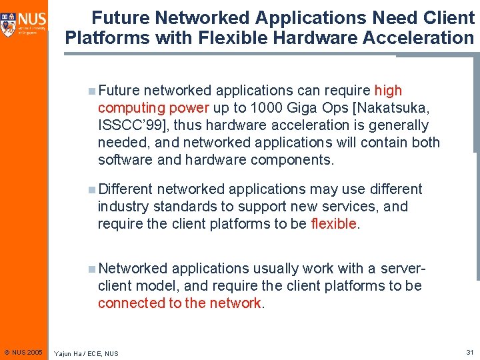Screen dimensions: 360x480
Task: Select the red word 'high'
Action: tap(388, 91)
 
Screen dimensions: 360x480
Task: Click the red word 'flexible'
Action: tap(334, 224)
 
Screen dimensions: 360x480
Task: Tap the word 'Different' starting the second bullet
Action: tap(125, 189)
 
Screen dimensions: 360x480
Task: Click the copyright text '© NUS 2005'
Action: tap(23, 352)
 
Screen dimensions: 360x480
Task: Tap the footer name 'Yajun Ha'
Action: tap(70, 353)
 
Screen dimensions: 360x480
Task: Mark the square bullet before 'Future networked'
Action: tap(91, 91)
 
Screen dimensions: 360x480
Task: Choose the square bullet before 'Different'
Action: tap(91, 189)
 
